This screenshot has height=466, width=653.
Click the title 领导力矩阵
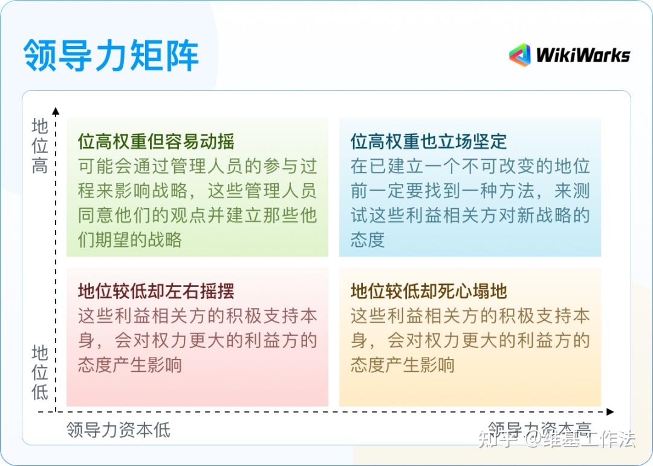111,55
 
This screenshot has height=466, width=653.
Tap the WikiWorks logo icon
519,55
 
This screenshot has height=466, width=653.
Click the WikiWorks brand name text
583,56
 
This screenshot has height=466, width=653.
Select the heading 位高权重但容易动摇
156,142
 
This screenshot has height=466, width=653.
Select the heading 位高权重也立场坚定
429,142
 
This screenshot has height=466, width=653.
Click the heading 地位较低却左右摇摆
156,291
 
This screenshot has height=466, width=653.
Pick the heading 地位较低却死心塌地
429,291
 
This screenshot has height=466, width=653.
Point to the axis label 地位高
40,146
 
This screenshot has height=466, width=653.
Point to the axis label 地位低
40,372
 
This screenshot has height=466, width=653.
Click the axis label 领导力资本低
119,430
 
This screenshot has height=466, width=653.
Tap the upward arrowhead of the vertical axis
56,111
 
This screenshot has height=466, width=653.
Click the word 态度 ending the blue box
368,240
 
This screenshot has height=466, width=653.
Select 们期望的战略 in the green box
130,240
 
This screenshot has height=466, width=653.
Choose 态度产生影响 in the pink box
130,365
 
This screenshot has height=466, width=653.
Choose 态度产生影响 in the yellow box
403,365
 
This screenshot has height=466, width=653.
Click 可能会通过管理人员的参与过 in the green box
198,166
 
